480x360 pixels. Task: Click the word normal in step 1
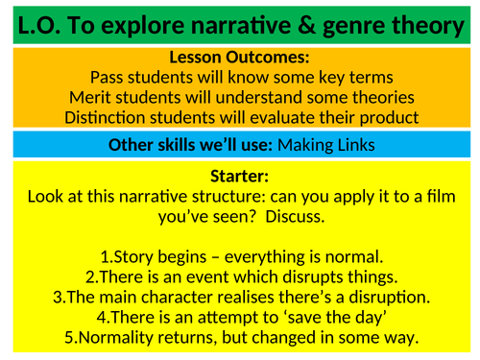pyautogui.click(x=352, y=256)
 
